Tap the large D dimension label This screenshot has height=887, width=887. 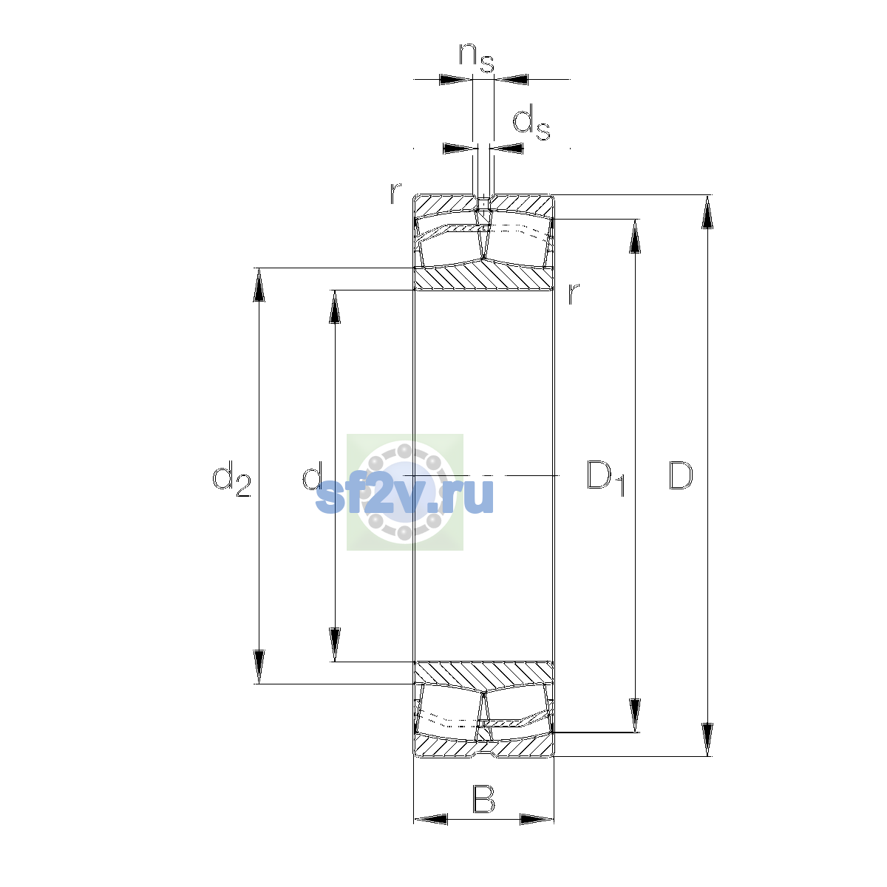(x=680, y=475)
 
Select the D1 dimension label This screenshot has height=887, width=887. (x=605, y=478)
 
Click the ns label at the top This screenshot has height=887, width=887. (x=477, y=58)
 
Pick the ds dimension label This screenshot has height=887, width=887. (x=531, y=123)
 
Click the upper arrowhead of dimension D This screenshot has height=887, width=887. (x=707, y=211)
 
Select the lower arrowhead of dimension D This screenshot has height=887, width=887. (x=707, y=740)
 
